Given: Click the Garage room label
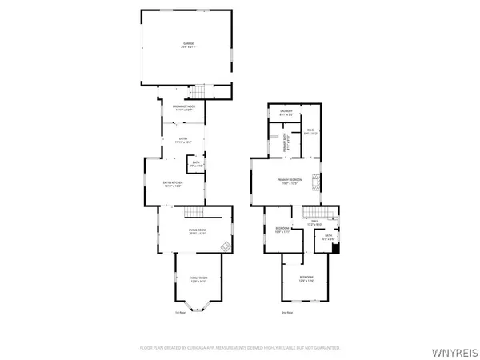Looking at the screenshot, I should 188,44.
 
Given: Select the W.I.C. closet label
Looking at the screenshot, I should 310,132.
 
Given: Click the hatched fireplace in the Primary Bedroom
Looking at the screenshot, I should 318,181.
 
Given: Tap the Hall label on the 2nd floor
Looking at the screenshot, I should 316,223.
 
